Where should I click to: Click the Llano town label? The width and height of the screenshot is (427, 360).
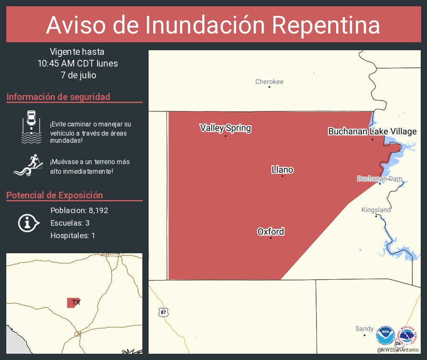(282, 170)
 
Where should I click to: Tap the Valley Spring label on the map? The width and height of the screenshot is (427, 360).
(225, 128)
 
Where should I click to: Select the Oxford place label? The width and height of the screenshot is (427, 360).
(270, 231)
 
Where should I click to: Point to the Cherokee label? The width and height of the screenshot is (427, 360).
(269, 82)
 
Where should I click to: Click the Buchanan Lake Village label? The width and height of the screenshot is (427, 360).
(372, 131)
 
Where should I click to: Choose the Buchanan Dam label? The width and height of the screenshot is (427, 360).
(379, 179)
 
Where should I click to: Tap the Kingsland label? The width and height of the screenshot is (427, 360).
(376, 210)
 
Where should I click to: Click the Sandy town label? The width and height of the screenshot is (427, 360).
(364, 329)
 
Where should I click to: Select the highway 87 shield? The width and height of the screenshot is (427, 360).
(163, 312)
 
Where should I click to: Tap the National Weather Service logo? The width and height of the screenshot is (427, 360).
(408, 335)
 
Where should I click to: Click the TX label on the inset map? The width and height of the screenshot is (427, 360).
(76, 302)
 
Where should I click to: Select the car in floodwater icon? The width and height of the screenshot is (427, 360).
(31, 127)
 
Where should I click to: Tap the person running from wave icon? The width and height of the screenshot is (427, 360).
(28, 165)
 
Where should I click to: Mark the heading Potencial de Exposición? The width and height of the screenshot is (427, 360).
(54, 195)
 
